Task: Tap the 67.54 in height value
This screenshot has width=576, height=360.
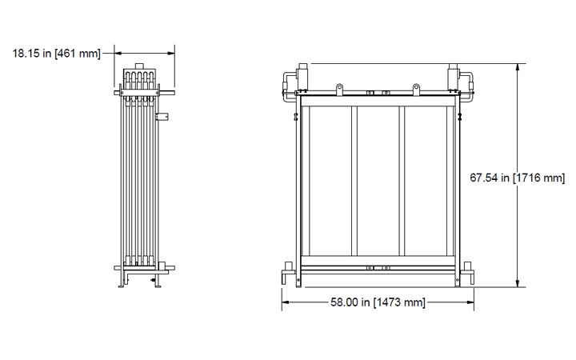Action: coord(489,178)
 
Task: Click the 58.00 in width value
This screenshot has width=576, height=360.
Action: coord(350,302)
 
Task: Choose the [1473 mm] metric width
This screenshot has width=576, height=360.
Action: coord(399,302)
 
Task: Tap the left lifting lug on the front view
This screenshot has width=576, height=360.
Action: coord(339,87)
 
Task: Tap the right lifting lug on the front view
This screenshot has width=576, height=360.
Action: coord(416,87)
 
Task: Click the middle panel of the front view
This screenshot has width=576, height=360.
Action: coord(378,181)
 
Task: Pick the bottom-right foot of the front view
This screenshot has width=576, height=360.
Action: coord(470,277)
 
